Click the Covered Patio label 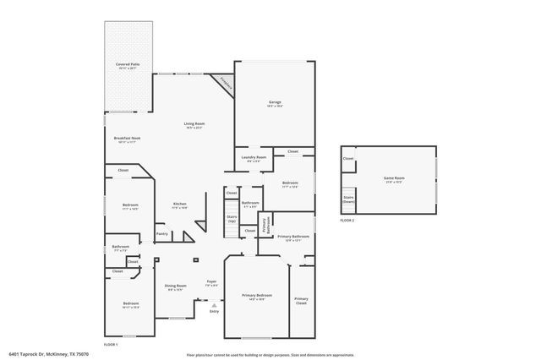click(128, 66)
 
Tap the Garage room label click(276, 104)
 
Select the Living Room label click(195, 125)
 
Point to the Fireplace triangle click(224, 81)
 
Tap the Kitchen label click(180, 205)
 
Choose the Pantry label click(162, 234)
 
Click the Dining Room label click(176, 287)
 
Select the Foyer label click(212, 283)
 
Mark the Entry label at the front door click(214, 311)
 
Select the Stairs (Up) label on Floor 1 click(232, 219)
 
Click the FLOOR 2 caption click(347, 220)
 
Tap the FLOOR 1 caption click(111, 345)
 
